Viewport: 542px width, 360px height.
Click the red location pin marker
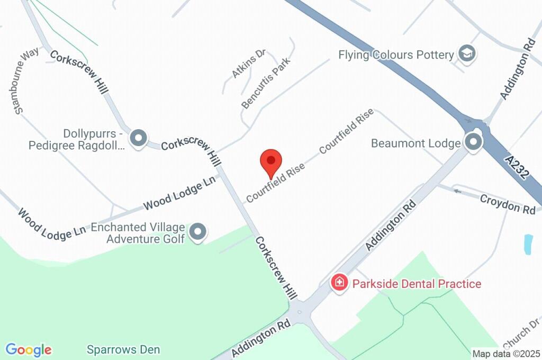271,161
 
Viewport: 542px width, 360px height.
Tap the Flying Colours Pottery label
396,55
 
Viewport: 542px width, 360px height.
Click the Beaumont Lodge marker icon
473,142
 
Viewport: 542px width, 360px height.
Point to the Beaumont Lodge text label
415,143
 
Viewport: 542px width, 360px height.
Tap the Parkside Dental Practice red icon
339,282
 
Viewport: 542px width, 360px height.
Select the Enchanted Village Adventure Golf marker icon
198,231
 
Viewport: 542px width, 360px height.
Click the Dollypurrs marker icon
138,138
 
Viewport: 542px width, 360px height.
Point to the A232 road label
517,167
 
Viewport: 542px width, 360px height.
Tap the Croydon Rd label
508,204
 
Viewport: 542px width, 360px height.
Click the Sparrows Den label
123,350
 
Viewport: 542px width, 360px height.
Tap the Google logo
29,350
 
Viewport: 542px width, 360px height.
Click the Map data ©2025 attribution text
506,354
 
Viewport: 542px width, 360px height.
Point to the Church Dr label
522,331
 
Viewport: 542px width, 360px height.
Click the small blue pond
528,244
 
